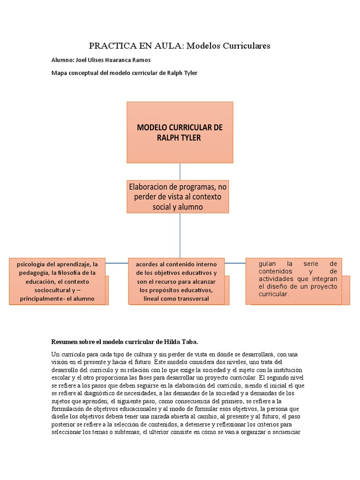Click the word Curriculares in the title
point(245,46)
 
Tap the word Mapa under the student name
point(59,73)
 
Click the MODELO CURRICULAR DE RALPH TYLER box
point(180,132)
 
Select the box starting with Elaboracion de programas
point(177,196)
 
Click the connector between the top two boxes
point(180,171)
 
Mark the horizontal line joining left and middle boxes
point(117,263)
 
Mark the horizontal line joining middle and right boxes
point(235,263)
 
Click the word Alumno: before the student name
point(62,60)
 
